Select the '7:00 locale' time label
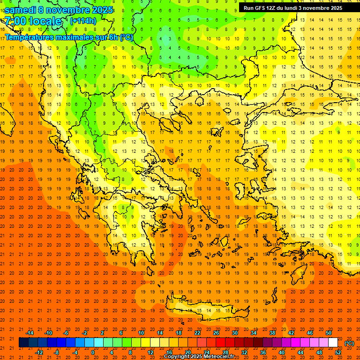click(33, 21)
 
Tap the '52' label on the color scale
click(338, 352)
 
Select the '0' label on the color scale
click(92, 352)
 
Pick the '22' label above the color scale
click(197, 333)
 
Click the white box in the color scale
click(333, 343)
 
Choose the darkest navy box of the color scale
click(23, 343)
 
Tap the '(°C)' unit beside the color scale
click(349, 343)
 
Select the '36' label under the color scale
click(263, 352)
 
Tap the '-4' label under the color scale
click(75, 352)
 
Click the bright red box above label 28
click(220, 343)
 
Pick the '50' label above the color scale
click(329, 333)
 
